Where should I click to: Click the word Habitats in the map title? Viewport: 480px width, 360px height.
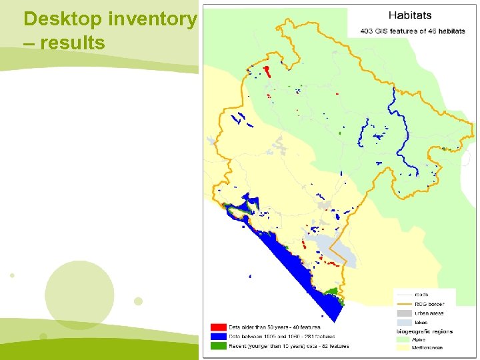[x=410, y=15]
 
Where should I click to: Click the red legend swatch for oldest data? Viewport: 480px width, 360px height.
[x=218, y=327]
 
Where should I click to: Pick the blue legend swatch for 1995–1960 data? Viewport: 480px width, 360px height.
[x=218, y=337]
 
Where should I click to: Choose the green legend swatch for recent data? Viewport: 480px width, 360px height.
[x=218, y=346]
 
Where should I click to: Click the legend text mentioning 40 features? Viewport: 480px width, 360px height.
[x=275, y=327]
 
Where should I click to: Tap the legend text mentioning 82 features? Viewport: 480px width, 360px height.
[x=289, y=346]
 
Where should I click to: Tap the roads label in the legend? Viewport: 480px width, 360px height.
[x=422, y=294]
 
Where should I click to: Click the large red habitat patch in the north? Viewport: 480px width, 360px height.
[x=267, y=71]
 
